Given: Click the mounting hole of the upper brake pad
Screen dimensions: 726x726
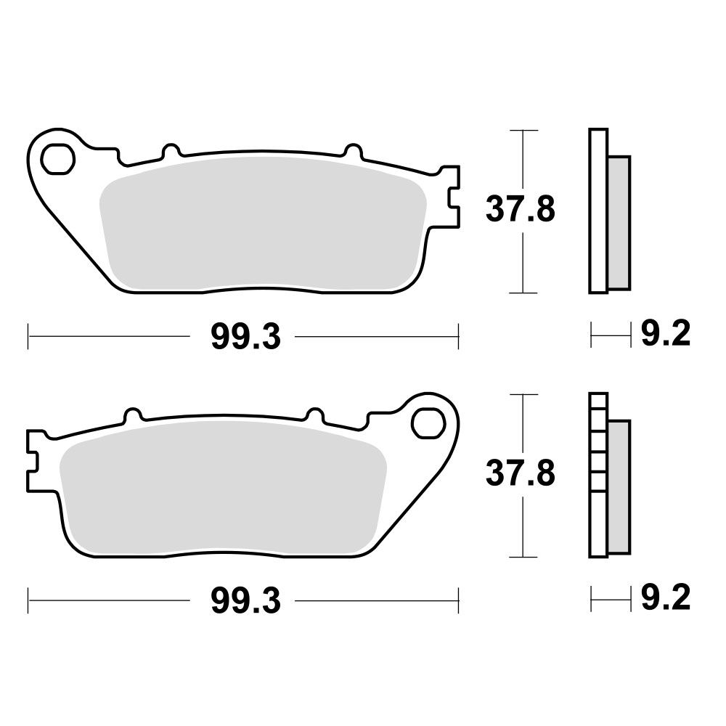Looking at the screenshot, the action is (x=57, y=160).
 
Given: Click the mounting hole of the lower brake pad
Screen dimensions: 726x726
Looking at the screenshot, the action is (x=428, y=423).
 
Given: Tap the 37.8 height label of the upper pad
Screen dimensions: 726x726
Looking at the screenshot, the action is (x=520, y=210).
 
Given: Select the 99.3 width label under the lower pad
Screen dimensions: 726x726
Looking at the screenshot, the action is (x=245, y=600).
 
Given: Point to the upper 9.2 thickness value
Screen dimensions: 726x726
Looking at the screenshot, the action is (x=666, y=333).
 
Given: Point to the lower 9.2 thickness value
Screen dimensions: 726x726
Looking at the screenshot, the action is (x=666, y=597).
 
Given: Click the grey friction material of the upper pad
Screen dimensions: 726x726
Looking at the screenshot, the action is (x=263, y=221).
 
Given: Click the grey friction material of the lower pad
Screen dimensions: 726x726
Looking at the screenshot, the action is (x=223, y=486).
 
